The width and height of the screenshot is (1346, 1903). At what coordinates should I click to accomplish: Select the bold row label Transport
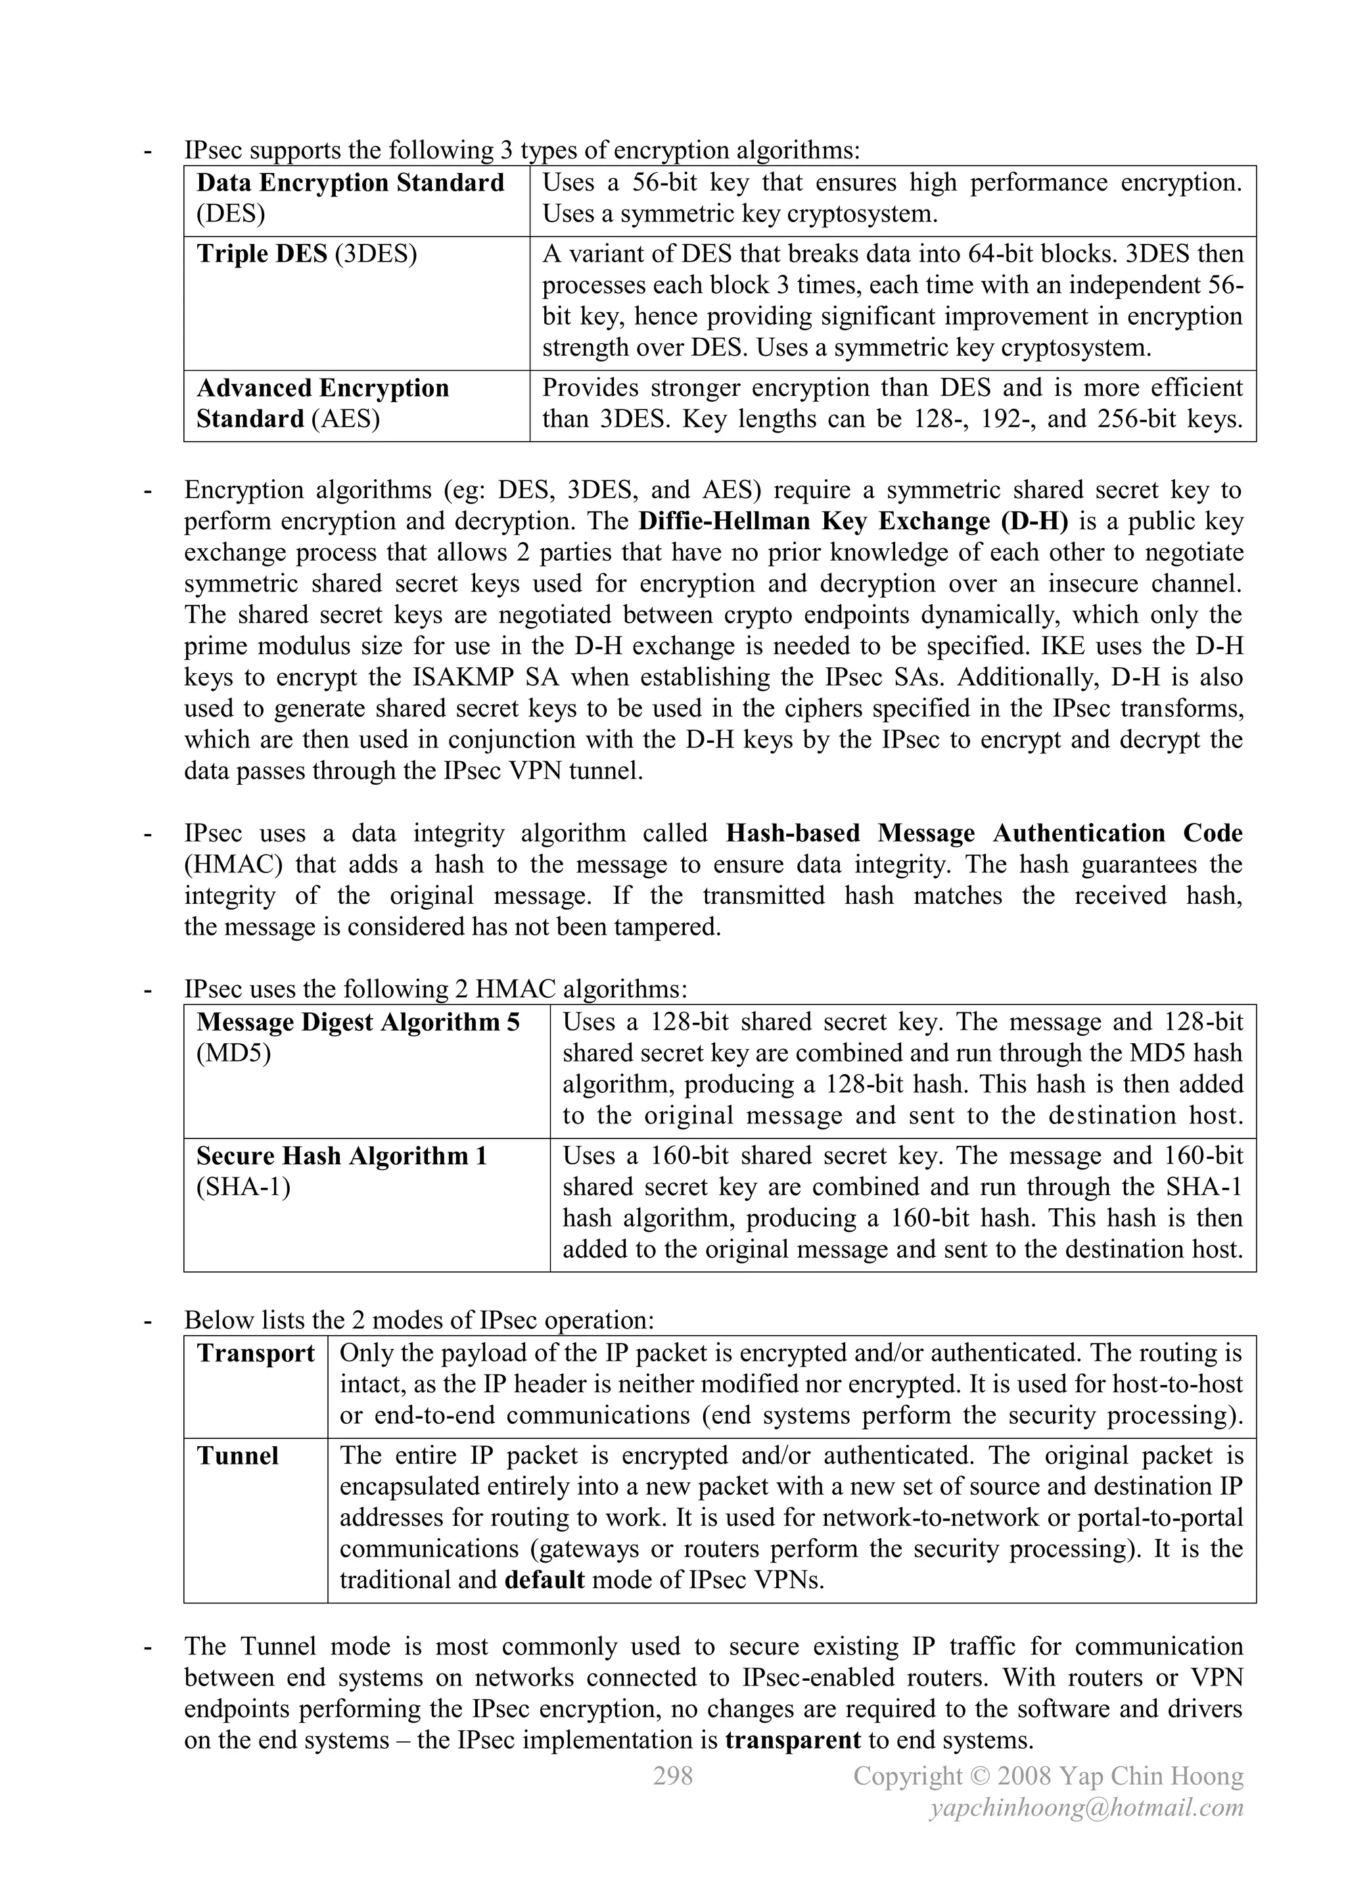click(255, 1353)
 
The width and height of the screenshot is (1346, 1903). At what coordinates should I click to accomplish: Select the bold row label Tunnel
click(237, 1456)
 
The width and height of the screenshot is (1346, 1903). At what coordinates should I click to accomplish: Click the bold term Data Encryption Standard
click(350, 182)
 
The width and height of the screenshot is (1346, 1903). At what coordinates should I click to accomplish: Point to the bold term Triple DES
click(262, 254)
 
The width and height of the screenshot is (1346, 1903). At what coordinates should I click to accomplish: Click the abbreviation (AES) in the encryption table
click(346, 419)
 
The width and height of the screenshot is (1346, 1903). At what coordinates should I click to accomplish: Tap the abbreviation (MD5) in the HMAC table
click(234, 1054)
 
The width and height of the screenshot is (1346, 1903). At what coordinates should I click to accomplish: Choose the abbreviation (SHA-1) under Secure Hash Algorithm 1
click(244, 1188)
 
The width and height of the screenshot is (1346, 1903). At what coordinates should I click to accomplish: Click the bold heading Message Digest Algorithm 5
click(358, 1023)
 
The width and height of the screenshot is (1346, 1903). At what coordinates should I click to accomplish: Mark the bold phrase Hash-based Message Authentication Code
click(984, 833)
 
